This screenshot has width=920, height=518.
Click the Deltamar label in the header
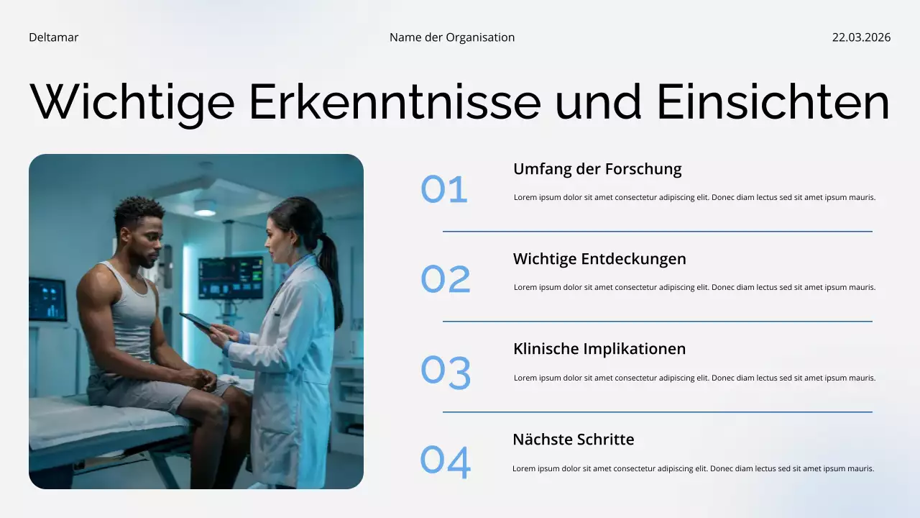coord(53,37)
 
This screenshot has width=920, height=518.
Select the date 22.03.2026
coord(861,37)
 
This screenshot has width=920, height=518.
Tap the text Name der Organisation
coord(452,37)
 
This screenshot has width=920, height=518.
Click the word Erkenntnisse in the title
coord(395,101)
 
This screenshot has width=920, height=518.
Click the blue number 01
coord(444,189)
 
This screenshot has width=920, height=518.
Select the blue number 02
coord(446,279)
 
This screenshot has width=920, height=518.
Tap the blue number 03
coord(446,373)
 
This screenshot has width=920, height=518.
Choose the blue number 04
coord(446,462)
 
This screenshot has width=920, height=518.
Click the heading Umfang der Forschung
coord(597,169)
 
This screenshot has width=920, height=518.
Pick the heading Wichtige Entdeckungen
coord(599,259)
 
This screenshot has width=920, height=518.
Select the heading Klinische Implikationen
coord(599,349)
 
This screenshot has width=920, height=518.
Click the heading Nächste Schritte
coord(573,440)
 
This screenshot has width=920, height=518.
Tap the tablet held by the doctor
coord(197,322)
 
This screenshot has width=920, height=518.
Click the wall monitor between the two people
coord(230,278)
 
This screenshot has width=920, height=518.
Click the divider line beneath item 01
coord(657,232)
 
